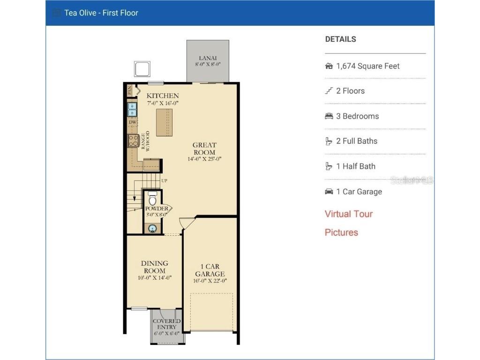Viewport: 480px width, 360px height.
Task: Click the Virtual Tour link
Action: pos(349,214)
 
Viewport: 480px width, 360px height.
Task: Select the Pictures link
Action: pos(341,232)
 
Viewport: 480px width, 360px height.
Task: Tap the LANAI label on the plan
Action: pos(208,58)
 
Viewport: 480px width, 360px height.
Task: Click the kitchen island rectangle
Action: pos(164,122)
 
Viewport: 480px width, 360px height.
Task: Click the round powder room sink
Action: pos(152,229)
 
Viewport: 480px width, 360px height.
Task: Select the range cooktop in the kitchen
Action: pos(133,140)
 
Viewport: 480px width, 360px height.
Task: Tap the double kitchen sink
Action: pos(133,109)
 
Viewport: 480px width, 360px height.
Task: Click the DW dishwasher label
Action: pos(133,122)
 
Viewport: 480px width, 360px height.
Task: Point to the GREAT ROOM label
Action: pos(204,149)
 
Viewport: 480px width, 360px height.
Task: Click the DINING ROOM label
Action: pos(155,267)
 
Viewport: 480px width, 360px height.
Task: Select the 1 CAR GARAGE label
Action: pos(210,270)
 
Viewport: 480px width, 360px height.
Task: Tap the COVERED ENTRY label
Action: pos(167,324)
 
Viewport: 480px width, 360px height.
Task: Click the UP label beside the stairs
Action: pos(164,180)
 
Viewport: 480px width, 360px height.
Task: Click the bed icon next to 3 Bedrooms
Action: pos(329,116)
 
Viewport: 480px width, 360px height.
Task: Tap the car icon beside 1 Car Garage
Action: pos(329,192)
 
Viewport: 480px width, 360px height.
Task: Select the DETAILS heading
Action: pos(340,39)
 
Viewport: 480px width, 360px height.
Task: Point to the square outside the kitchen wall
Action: pos(142,69)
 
